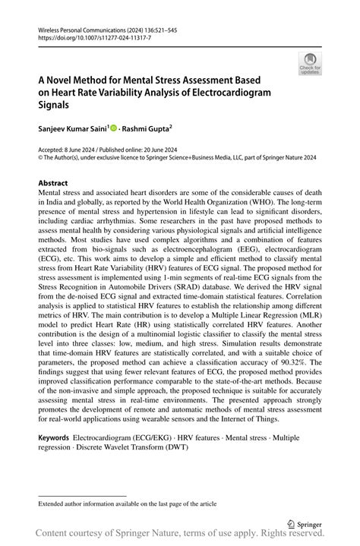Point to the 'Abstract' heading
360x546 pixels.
[x=53, y=183]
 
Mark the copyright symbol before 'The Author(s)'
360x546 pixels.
[x=41, y=158]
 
